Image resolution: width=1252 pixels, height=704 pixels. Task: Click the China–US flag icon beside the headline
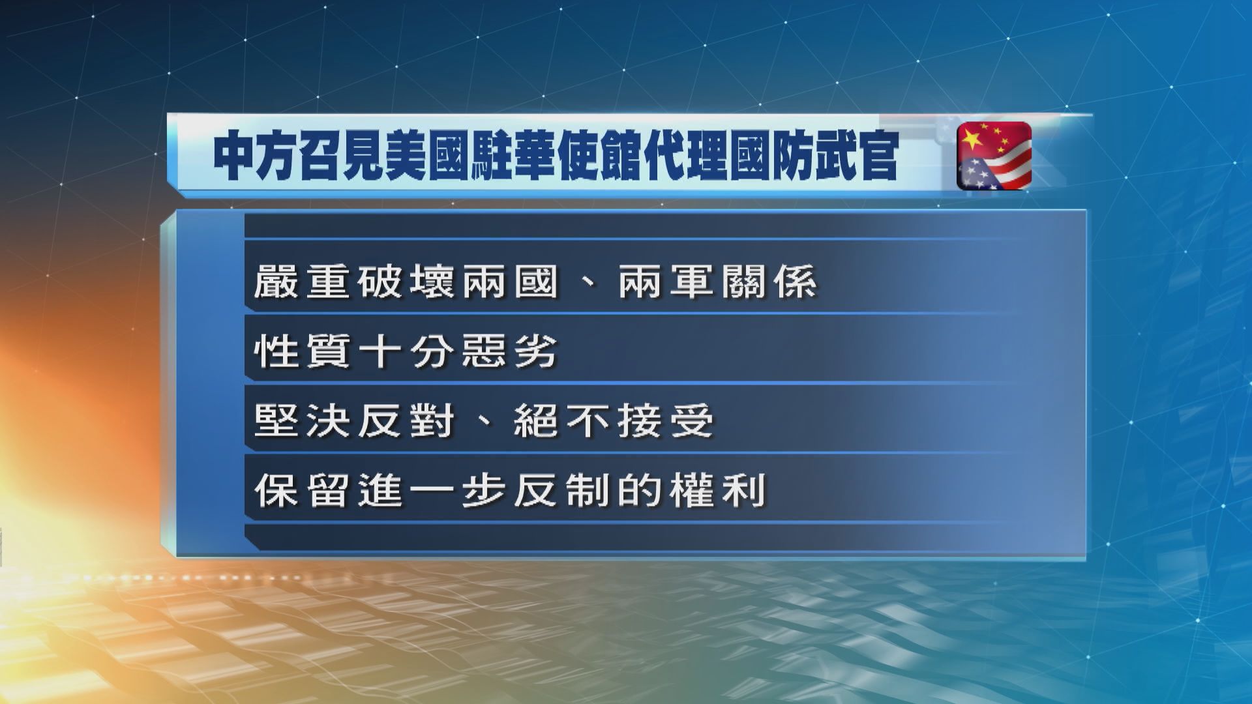click(994, 156)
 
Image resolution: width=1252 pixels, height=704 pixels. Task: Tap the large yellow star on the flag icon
click(972, 138)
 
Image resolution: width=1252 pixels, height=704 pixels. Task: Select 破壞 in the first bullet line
click(404, 283)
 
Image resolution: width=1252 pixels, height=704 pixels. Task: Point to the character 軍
click(691, 283)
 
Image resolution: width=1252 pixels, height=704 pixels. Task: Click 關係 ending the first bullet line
click(768, 283)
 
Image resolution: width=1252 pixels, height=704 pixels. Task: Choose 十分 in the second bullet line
click(404, 353)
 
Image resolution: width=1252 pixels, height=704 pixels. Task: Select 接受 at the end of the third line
click(665, 422)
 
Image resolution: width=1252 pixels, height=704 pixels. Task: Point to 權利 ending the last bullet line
click(717, 491)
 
